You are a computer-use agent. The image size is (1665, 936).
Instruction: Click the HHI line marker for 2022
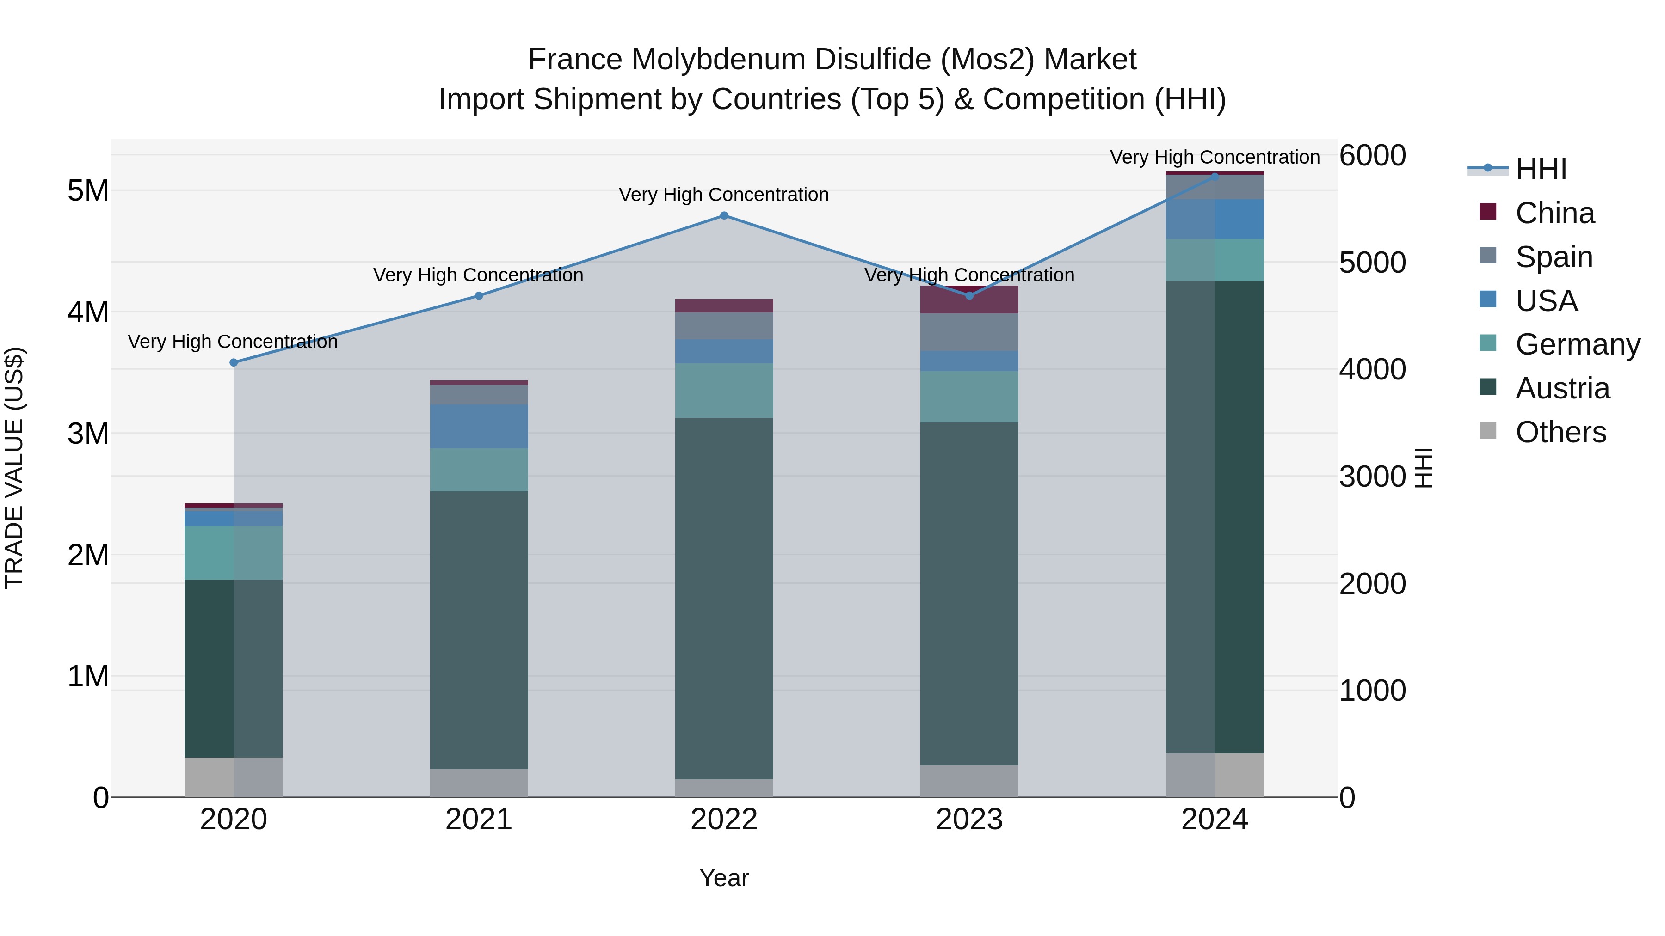(x=724, y=216)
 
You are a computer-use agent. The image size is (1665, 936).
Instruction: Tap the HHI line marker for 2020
(x=234, y=363)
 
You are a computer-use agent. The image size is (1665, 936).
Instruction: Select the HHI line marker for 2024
(x=1215, y=177)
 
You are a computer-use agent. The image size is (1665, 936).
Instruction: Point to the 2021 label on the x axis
(x=479, y=820)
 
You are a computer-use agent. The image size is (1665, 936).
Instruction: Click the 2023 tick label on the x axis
(x=969, y=820)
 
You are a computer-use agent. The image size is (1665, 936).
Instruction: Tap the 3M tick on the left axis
(x=88, y=434)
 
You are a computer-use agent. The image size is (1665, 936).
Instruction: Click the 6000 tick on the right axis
(x=1372, y=156)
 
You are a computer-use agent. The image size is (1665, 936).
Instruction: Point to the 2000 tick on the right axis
(x=1372, y=584)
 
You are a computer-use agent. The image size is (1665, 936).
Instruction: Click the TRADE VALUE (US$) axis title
(x=14, y=468)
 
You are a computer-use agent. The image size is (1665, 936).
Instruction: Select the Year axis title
(x=724, y=878)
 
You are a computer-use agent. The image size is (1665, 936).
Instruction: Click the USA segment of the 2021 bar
(x=479, y=426)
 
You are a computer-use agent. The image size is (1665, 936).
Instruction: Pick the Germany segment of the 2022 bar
(x=724, y=391)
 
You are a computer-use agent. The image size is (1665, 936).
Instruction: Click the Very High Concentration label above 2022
(x=724, y=195)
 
